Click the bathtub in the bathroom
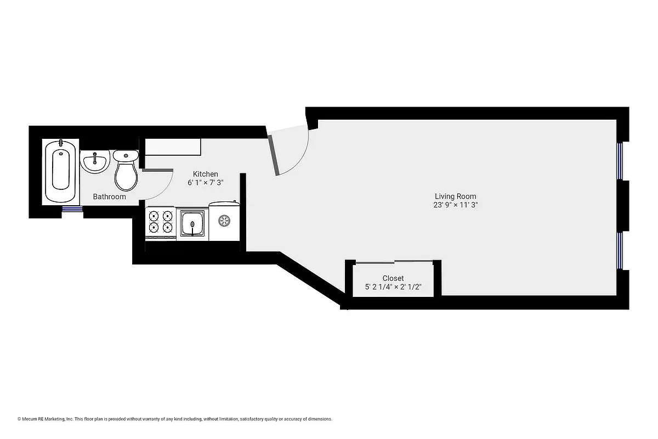[x=60, y=171]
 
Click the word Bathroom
[x=109, y=196]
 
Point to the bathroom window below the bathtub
[x=71, y=209]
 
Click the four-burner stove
[x=160, y=222]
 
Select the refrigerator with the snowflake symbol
[x=224, y=221]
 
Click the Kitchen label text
[x=206, y=174]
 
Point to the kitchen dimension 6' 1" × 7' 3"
[x=206, y=183]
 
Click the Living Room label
[x=455, y=196]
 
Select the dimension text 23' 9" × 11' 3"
[x=455, y=205]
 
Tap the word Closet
[x=393, y=278]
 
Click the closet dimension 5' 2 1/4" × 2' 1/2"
[x=393, y=287]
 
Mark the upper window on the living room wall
[x=620, y=161]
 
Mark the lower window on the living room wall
[x=620, y=251]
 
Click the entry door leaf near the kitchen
[x=274, y=155]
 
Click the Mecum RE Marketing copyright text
[x=175, y=419]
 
